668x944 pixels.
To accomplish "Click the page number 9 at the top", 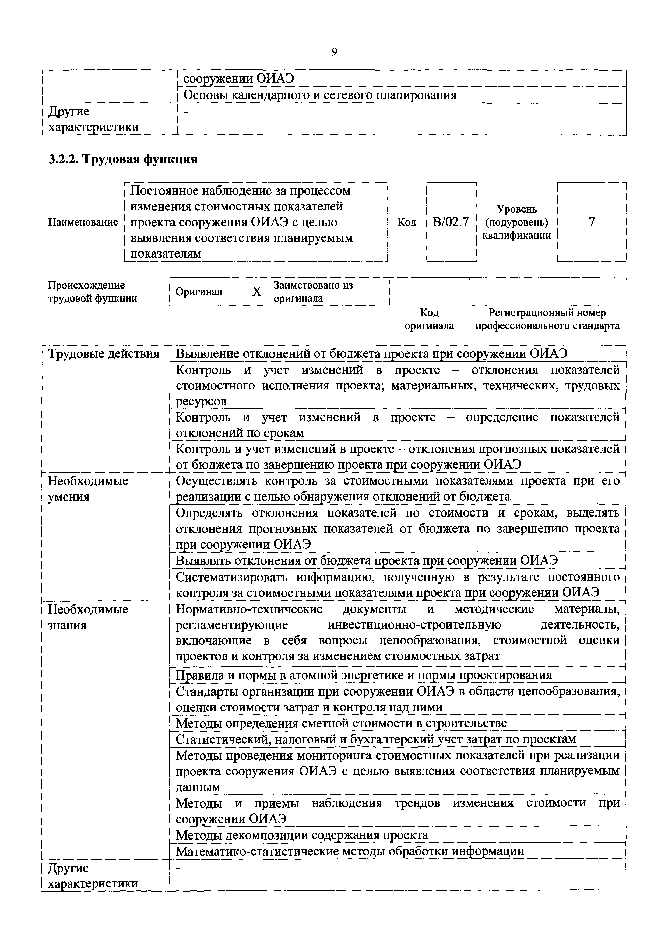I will tap(334, 52).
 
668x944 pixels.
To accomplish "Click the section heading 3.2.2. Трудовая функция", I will tap(122, 159).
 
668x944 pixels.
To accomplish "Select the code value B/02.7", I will tap(451, 222).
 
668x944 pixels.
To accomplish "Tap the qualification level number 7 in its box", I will tap(592, 222).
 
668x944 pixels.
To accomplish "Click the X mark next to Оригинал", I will tap(257, 292).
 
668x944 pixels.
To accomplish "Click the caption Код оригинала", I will tap(429, 319).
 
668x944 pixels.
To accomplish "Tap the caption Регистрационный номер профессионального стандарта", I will tap(547, 319).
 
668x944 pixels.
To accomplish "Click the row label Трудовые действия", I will tap(104, 354).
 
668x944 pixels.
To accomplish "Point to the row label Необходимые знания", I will tap(88, 617).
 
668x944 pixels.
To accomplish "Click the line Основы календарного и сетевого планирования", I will tap(320, 95).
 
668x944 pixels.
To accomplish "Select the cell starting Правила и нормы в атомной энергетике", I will tap(364, 675).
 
